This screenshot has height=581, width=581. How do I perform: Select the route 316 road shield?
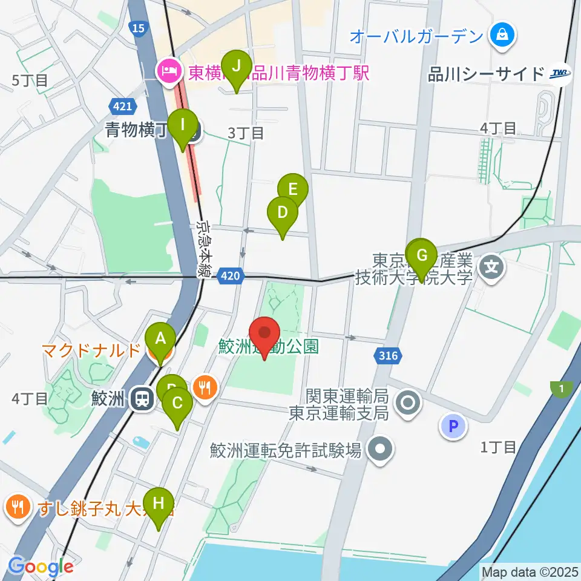pyautogui.click(x=387, y=355)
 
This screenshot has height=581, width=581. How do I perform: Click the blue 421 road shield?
pyautogui.click(x=121, y=107)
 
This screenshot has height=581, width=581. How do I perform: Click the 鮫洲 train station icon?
pyautogui.click(x=143, y=398)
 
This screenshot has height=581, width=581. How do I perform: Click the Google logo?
pyautogui.click(x=41, y=566)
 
